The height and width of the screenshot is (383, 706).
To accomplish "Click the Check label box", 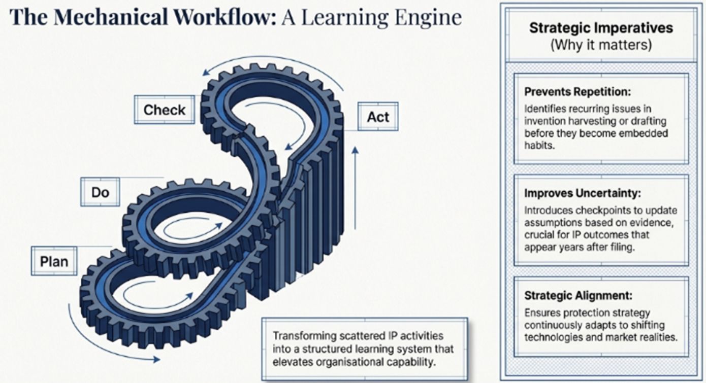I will click(x=164, y=110).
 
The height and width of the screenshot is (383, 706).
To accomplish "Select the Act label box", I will click(x=378, y=117).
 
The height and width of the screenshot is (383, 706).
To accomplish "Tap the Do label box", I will click(x=100, y=192).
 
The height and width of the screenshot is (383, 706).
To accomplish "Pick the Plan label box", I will click(x=54, y=261).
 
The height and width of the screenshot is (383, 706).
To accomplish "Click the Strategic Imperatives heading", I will click(x=601, y=27).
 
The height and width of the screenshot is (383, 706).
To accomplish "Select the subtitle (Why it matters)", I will click(x=601, y=45).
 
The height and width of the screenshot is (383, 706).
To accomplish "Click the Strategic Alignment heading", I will click(x=579, y=295).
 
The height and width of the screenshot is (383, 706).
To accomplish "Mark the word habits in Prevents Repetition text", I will click(x=538, y=145).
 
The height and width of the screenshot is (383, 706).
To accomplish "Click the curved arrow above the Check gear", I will click(x=269, y=67).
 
